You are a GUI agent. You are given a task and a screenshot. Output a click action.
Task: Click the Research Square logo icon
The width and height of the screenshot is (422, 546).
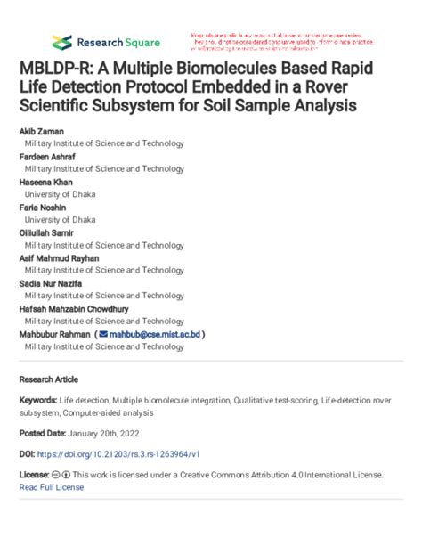point(61,41)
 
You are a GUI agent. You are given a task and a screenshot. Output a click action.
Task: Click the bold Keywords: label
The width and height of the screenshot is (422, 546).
point(41,401)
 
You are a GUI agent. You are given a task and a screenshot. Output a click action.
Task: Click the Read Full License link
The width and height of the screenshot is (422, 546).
point(51,488)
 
